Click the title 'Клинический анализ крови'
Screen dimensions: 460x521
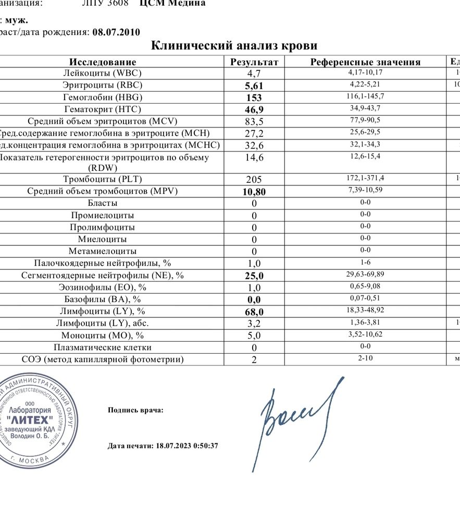point(234,45)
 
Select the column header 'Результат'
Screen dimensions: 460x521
point(254,62)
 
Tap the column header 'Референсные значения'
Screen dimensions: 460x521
point(365,62)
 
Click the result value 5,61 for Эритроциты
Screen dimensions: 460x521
point(254,86)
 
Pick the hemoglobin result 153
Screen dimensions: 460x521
point(254,98)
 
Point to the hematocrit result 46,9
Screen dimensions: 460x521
point(254,109)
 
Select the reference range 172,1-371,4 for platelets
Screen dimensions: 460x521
point(366,179)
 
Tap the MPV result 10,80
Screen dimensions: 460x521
point(254,192)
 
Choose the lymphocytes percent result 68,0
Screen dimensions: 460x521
point(254,312)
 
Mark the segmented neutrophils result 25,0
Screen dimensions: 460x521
point(254,276)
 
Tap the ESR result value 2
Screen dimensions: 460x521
point(254,359)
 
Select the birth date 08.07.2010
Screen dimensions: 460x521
point(116,32)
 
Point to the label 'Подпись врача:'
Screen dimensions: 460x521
point(135,410)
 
